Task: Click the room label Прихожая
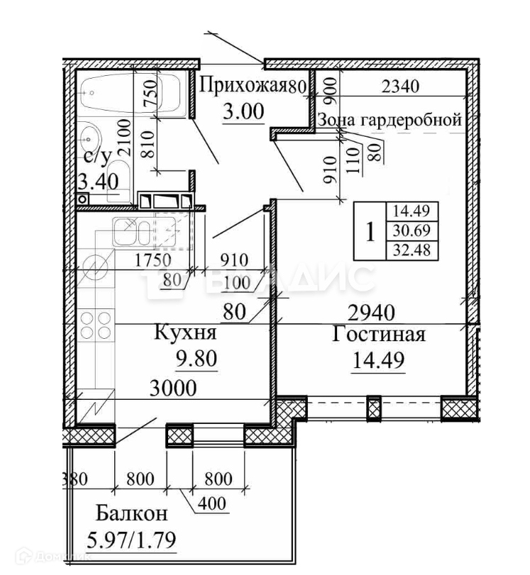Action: (x=242, y=86)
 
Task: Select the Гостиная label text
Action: (x=379, y=334)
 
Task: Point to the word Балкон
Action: (x=133, y=513)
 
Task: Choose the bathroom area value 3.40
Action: (x=97, y=182)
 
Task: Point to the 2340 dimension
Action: (x=401, y=87)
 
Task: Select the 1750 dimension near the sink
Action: (x=154, y=259)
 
